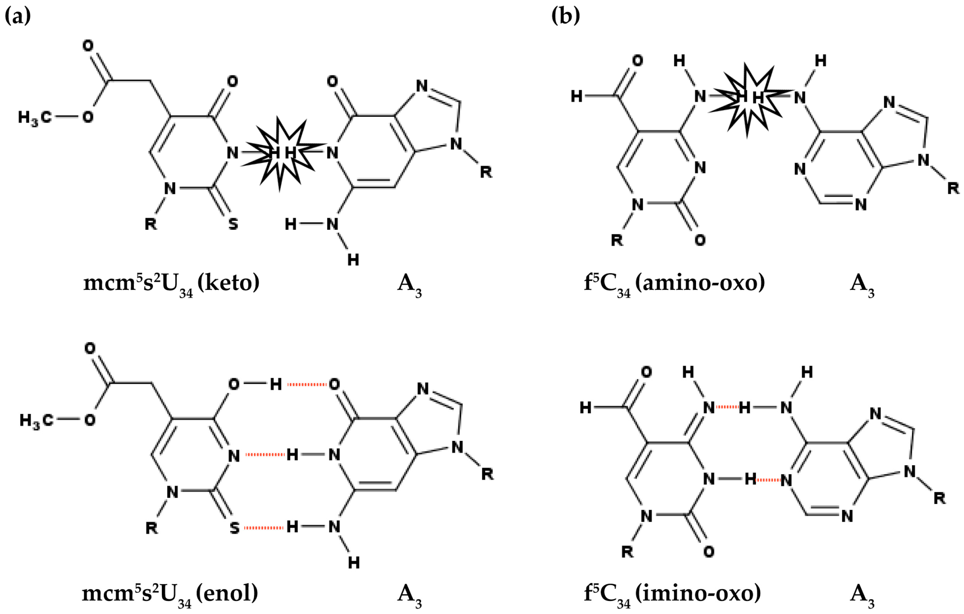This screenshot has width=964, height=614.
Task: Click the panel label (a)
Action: [17, 16]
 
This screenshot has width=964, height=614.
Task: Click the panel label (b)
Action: [565, 16]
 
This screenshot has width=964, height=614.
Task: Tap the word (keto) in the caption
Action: [228, 282]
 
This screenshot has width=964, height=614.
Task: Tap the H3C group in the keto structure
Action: [34, 118]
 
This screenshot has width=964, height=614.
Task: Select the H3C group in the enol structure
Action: [36, 420]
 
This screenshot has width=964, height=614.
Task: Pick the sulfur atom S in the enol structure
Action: [235, 528]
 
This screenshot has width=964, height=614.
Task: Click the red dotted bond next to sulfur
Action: [264, 528]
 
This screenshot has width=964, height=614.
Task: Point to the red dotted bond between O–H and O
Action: [307, 384]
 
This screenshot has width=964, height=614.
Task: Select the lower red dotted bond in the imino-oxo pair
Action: [768, 479]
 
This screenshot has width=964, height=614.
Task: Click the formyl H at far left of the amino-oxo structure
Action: [576, 96]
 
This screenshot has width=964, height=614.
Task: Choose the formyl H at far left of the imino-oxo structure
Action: [586, 407]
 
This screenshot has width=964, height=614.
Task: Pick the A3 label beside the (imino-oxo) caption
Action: [862, 595]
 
